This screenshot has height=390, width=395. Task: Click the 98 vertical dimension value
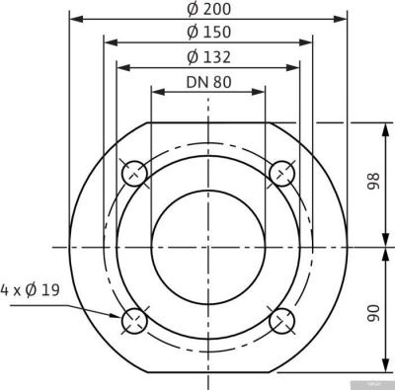[370, 184]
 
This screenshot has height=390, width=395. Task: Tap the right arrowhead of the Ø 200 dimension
[345, 19]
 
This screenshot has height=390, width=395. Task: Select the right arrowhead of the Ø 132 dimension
[295, 67]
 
